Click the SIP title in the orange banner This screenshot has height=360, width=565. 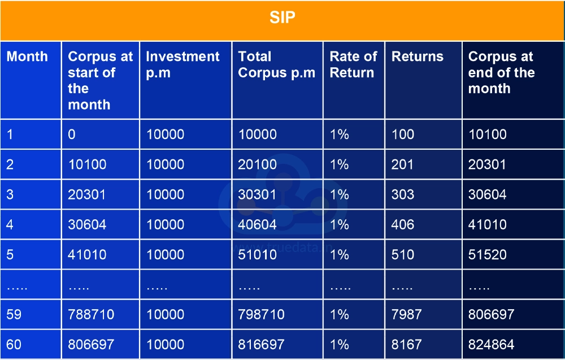click(282, 18)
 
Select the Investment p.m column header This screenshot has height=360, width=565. click(182, 64)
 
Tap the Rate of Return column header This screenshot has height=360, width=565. click(353, 64)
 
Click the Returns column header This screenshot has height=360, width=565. click(418, 57)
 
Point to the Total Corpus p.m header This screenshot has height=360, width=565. click(276, 64)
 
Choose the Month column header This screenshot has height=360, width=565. click(27, 57)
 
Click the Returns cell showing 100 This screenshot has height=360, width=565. click(403, 135)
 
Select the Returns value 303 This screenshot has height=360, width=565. click(403, 195)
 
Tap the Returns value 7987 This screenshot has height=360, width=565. click(406, 314)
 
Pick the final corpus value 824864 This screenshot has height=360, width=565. click(491, 344)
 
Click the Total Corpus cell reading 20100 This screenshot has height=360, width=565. click(257, 164)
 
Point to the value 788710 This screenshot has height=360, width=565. click(91, 314)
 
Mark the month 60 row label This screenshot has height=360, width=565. click(14, 344)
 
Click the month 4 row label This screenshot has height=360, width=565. click(11, 225)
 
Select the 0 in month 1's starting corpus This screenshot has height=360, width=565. click(72, 135)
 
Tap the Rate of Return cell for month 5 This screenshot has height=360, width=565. click(339, 255)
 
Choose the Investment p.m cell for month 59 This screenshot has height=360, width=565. click(165, 314)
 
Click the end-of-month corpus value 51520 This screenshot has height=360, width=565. click(487, 255)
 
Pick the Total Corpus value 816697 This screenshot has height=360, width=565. click(261, 344)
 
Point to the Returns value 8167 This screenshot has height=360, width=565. click(406, 344)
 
